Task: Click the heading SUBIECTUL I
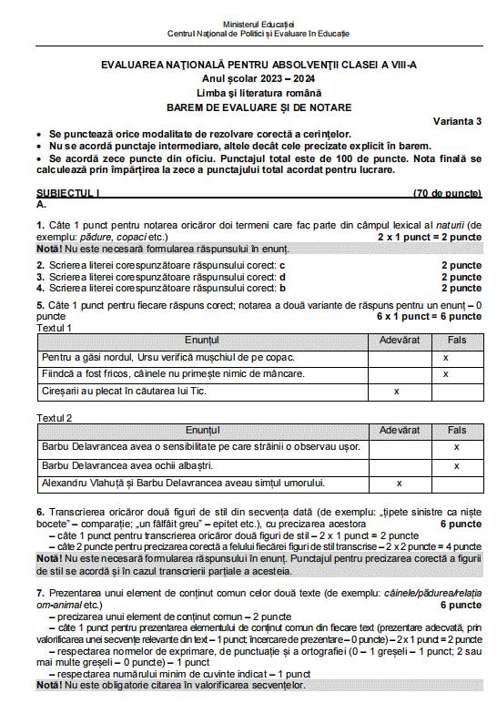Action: click(68, 194)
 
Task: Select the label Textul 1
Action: click(55, 327)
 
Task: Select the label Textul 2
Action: click(55, 417)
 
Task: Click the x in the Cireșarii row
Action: click(397, 391)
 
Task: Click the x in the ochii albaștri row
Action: click(456, 465)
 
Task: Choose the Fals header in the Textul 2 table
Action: click(457, 429)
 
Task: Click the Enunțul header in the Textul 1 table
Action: click(202, 340)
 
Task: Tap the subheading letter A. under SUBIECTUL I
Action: click(41, 205)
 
